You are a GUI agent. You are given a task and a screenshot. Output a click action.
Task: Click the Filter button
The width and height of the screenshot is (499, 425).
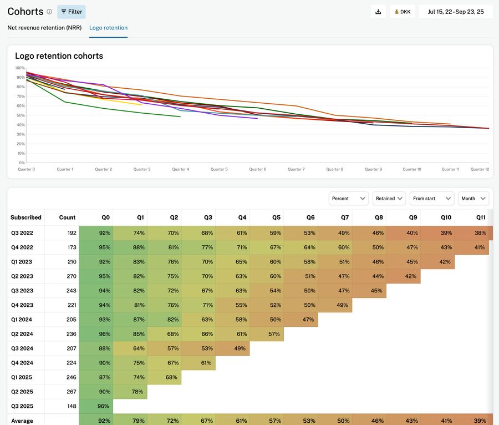tap(72, 12)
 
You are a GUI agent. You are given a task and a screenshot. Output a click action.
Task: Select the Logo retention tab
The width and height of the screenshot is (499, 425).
tap(108, 28)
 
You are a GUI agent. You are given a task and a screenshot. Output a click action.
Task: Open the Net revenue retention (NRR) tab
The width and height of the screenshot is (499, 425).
tap(44, 28)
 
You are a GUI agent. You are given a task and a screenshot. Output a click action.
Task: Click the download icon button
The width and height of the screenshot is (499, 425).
tap(378, 12)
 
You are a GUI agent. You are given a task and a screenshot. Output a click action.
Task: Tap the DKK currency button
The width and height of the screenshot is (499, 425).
tap(402, 12)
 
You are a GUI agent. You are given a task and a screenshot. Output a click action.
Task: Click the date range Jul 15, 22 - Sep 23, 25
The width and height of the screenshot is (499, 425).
tap(456, 12)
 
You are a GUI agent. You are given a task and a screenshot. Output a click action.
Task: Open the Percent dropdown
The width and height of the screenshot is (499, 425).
tap(349, 199)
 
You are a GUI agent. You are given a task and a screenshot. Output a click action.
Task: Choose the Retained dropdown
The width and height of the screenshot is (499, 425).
tap(389, 199)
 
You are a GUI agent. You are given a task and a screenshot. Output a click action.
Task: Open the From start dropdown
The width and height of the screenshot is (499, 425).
tap(432, 199)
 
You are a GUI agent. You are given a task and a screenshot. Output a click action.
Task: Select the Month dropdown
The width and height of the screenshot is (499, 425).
tap(473, 199)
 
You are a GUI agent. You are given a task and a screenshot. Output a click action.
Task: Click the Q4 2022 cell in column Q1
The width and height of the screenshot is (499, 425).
tap(131, 247)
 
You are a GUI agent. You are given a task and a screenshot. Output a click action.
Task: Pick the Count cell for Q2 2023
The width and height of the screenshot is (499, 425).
tap(62, 276)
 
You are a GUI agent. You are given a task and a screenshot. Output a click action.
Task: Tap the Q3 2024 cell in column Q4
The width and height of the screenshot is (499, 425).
tap(233, 348)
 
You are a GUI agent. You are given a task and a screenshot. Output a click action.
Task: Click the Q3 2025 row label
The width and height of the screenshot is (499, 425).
tap(22, 406)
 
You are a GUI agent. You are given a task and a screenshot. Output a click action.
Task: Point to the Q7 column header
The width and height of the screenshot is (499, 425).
tap(335, 217)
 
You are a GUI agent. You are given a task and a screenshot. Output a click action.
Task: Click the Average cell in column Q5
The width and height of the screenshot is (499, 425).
tap(267, 421)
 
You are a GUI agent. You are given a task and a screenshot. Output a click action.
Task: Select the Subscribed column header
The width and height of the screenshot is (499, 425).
tap(26, 217)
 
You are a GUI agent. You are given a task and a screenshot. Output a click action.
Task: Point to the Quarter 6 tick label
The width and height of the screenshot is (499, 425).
tap(257, 169)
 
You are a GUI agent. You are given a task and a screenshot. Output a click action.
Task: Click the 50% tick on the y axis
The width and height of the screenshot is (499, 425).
tap(21, 115)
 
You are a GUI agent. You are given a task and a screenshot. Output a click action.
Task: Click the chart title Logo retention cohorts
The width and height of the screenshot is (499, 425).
tap(59, 56)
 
